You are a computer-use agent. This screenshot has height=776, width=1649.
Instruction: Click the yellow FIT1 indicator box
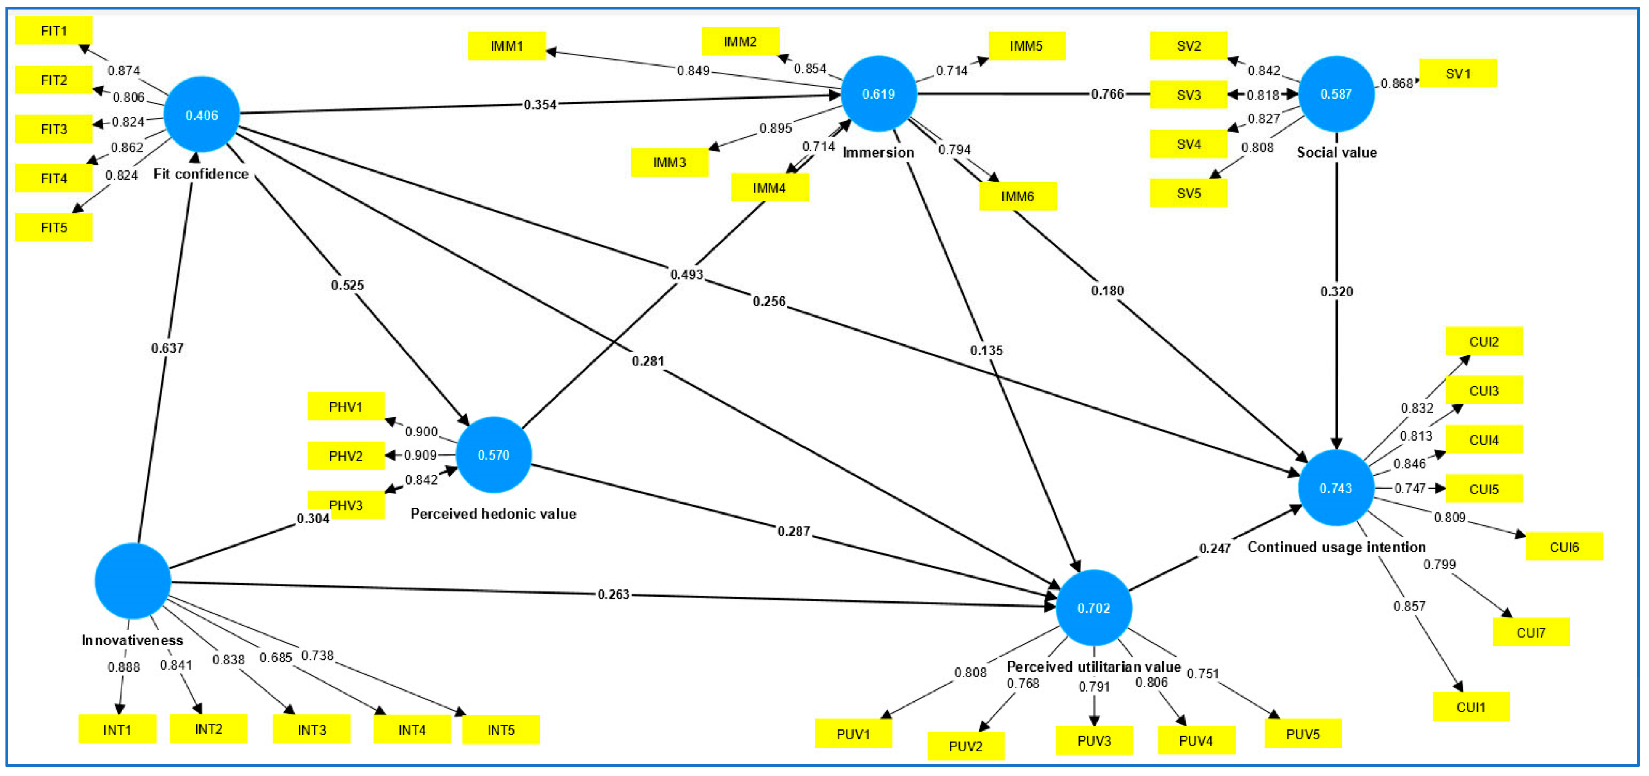[x=54, y=31]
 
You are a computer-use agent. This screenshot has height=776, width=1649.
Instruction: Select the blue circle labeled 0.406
[x=202, y=115]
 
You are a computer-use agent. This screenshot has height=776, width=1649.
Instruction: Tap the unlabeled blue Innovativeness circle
[x=133, y=581]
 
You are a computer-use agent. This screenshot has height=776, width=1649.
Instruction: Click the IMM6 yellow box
[x=1017, y=196]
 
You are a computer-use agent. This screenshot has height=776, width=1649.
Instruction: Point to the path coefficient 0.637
[x=167, y=347]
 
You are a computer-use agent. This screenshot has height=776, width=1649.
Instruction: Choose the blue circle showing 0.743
[x=1336, y=488]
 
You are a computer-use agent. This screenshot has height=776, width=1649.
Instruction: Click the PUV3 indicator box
[x=1094, y=741]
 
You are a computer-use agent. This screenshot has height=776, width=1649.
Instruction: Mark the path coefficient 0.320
[x=1336, y=291]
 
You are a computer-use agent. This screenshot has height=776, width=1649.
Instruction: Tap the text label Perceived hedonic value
[x=493, y=514]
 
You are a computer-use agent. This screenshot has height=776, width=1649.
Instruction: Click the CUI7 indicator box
[x=1531, y=632]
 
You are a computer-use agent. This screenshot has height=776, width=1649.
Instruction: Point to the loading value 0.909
[x=421, y=455]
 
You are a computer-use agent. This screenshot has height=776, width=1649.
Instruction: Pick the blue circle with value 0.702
[x=1093, y=607]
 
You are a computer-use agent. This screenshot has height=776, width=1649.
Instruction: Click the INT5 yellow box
[x=500, y=730]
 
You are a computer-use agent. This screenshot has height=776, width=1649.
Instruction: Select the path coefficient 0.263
[x=613, y=594]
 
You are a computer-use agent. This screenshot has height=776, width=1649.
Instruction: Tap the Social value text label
[x=1337, y=152]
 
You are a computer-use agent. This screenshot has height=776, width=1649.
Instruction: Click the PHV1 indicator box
[x=346, y=406]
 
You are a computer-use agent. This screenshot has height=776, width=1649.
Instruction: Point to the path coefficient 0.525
[x=347, y=285]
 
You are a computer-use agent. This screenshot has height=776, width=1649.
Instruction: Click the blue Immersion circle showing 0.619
[x=878, y=94]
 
